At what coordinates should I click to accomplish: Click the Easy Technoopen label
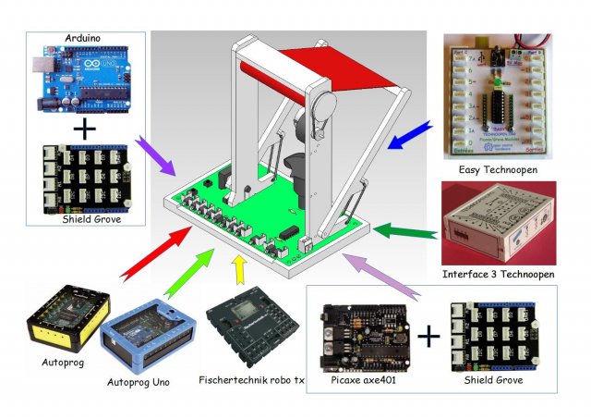click(x=498, y=170)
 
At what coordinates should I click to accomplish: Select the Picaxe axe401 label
click(x=357, y=380)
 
